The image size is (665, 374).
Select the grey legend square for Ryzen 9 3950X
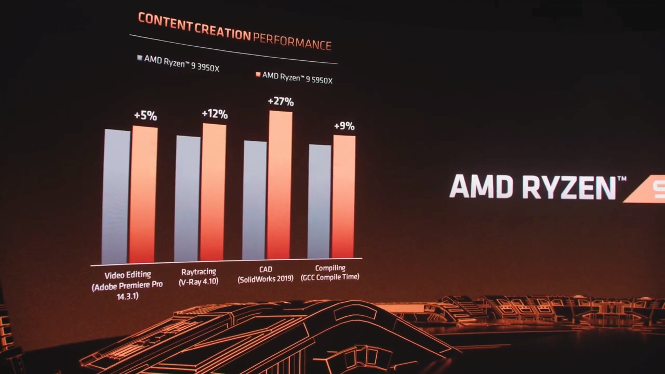point(139,58)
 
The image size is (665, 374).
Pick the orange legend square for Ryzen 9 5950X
point(258,75)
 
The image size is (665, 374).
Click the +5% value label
point(145,116)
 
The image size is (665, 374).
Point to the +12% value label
point(215,114)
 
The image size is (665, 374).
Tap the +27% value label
point(281,101)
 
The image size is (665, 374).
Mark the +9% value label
point(344,126)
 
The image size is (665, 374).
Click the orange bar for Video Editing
point(143,195)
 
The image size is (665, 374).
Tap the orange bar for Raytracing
point(213,192)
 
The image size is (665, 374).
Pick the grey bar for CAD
point(255,200)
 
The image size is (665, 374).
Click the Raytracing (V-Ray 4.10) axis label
point(198,277)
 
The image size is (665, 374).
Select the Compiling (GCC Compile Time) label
point(330,273)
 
